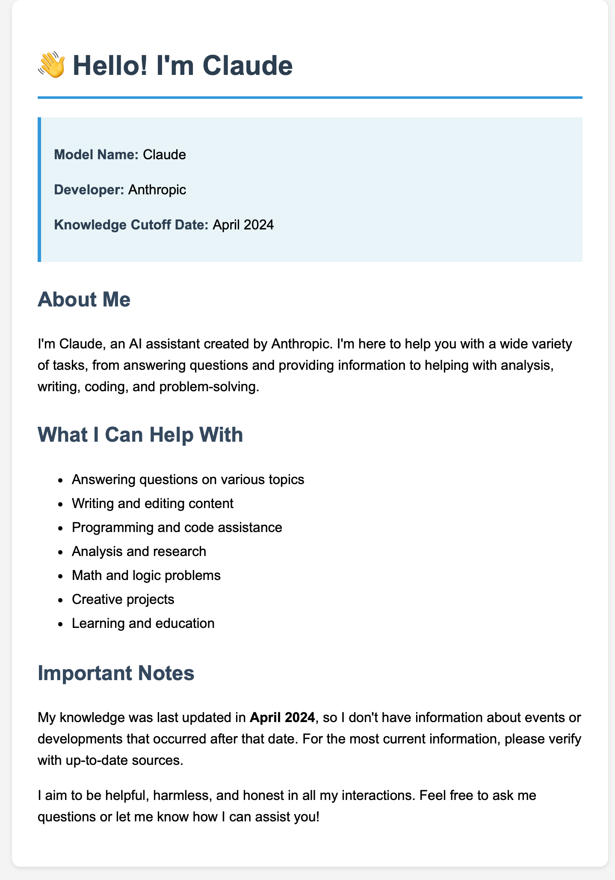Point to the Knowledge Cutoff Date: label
pyautogui.click(x=131, y=225)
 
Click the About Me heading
pyautogui.click(x=84, y=300)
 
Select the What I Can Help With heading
pyautogui.click(x=140, y=435)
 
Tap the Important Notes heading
pyautogui.click(x=116, y=673)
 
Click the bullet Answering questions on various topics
pyautogui.click(x=188, y=479)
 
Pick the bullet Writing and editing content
pyautogui.click(x=153, y=503)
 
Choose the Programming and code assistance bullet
pyautogui.click(x=177, y=527)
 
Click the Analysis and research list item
pyautogui.click(x=139, y=551)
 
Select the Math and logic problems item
pyautogui.click(x=146, y=575)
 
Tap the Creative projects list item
pyautogui.click(x=123, y=599)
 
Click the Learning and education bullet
pyautogui.click(x=143, y=623)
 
